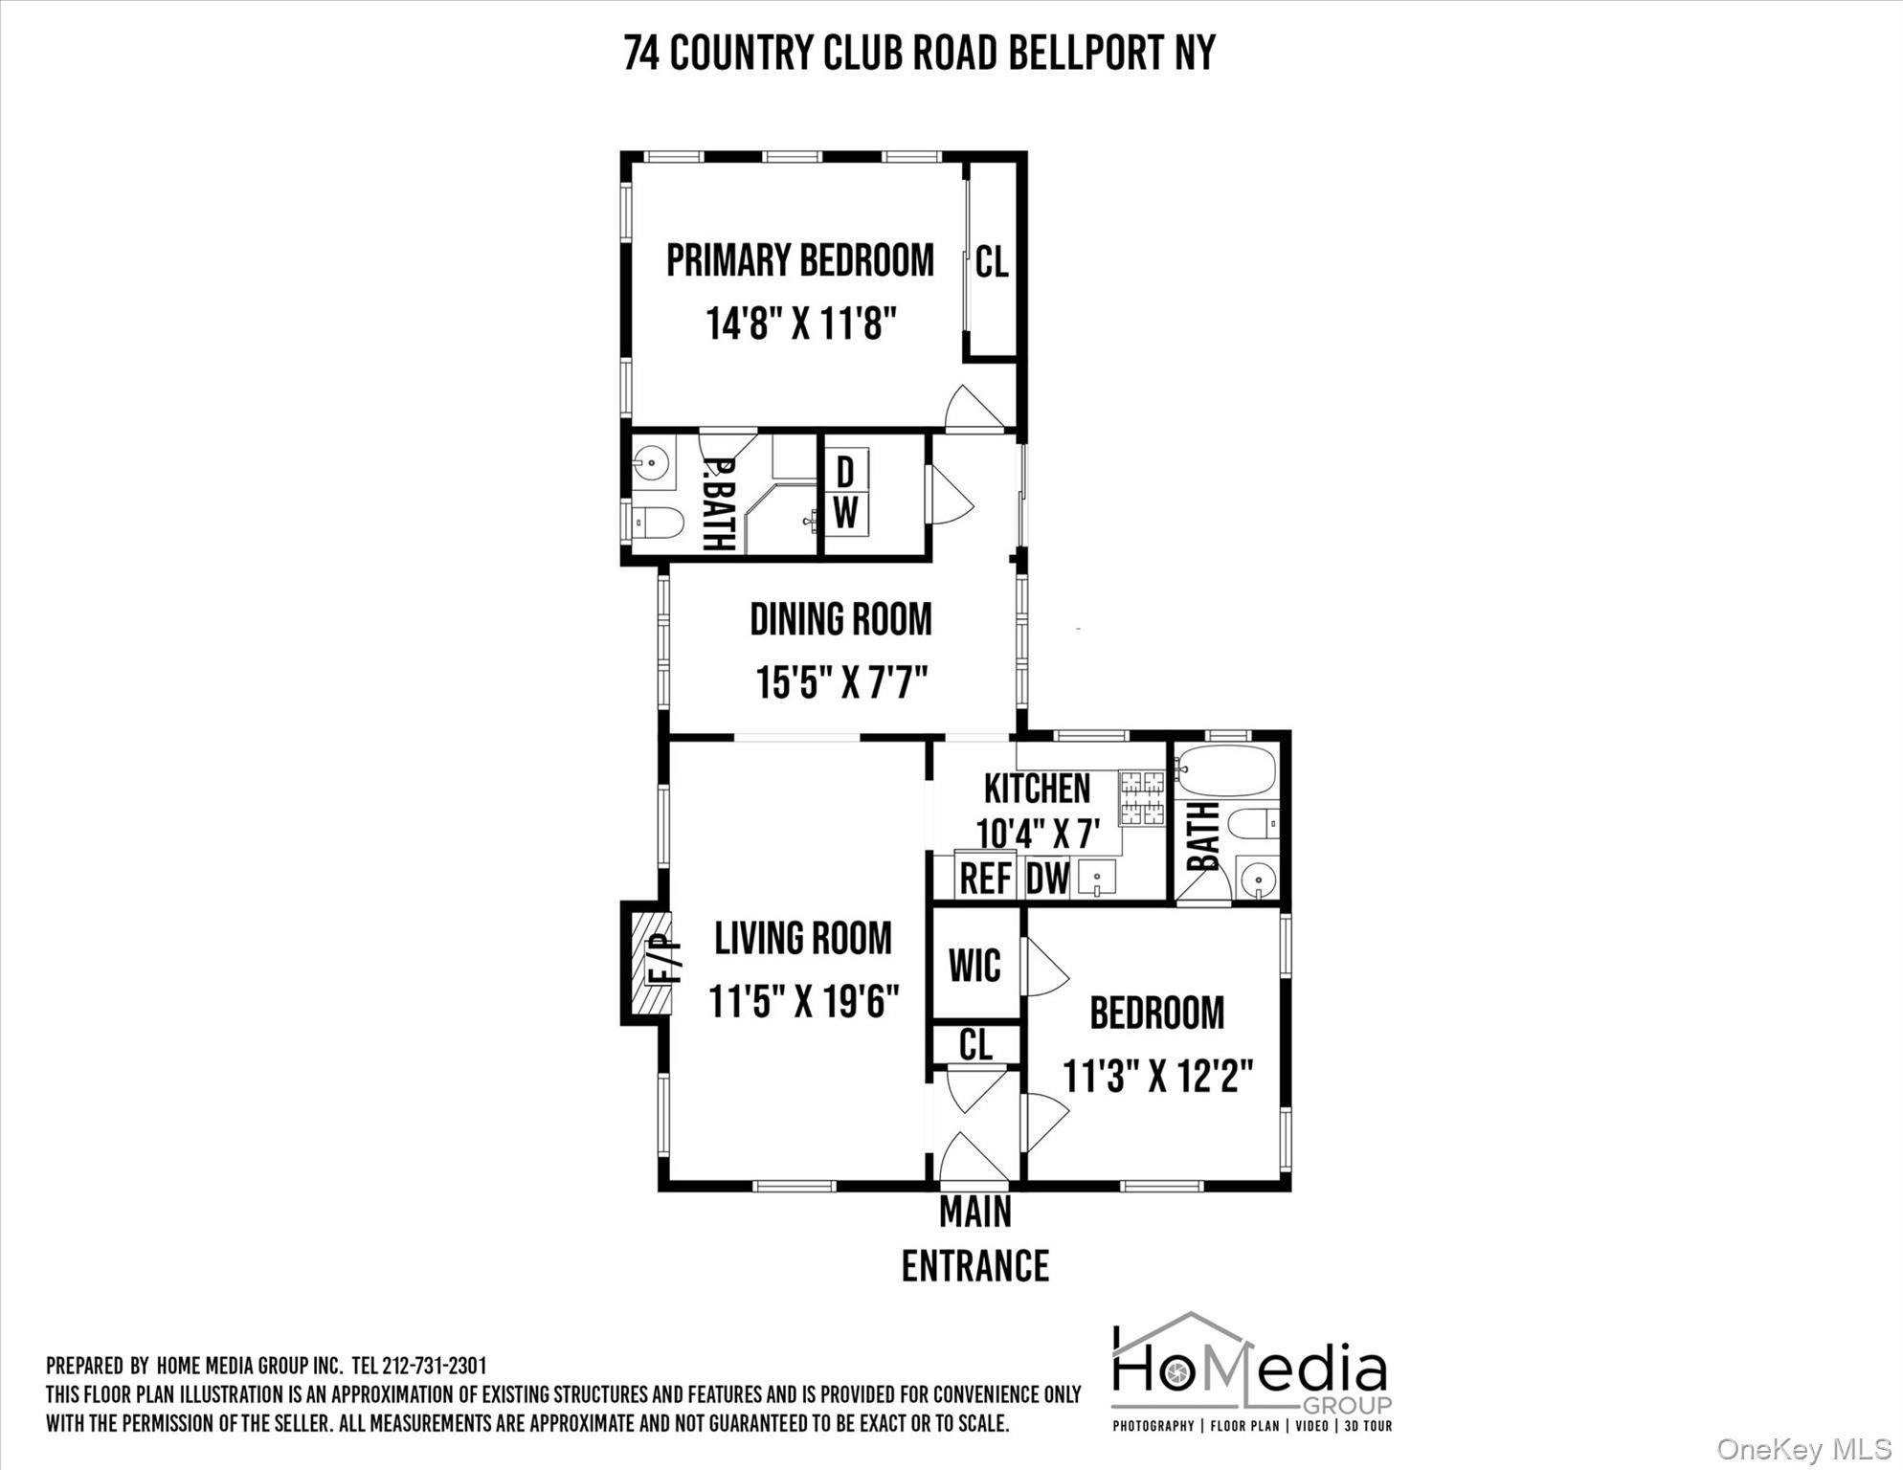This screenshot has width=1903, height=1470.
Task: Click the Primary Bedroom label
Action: coord(799,260)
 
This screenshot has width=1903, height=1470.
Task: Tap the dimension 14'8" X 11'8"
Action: coord(801,323)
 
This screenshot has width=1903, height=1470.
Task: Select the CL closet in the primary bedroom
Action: coord(992,261)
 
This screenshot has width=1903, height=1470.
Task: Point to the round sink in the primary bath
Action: coord(653,464)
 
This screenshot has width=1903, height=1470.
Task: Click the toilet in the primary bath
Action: coord(659,523)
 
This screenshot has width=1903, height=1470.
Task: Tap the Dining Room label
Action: coord(840,619)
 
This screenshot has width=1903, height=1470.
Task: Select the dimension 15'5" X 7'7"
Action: coord(841,683)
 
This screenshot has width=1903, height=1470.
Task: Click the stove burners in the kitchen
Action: coord(1142,798)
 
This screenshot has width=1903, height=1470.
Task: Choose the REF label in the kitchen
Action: coord(986,878)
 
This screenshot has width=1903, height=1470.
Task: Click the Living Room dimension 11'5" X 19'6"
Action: coord(803,1002)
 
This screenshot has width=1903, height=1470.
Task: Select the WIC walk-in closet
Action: coord(974,965)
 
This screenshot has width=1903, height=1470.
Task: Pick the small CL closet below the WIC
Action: coord(975,1044)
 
